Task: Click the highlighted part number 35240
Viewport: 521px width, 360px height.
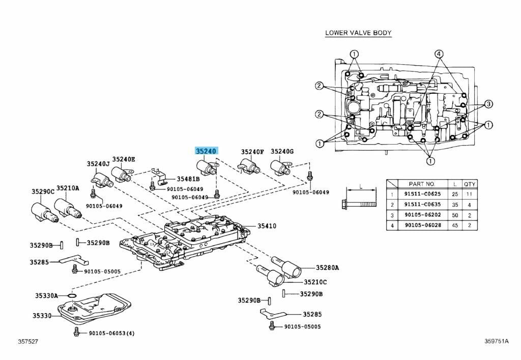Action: (x=207, y=151)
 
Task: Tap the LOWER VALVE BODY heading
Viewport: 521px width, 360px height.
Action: (x=358, y=33)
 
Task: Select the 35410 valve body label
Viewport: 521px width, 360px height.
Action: (x=267, y=226)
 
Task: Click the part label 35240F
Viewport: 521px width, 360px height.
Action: (x=252, y=152)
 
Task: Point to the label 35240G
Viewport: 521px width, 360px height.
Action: (x=282, y=151)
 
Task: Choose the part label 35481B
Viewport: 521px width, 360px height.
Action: (x=188, y=179)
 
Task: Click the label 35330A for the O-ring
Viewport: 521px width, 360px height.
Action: (x=46, y=295)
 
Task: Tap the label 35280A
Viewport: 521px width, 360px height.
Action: (x=327, y=267)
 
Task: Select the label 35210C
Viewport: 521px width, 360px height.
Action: (x=315, y=282)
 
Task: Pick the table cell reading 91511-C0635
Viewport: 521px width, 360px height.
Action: (x=422, y=204)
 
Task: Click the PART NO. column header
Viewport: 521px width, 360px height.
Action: (x=422, y=184)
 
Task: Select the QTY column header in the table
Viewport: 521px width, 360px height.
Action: (x=470, y=184)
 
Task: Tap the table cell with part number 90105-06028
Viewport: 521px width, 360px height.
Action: (x=422, y=225)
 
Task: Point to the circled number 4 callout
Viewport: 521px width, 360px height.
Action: (x=439, y=54)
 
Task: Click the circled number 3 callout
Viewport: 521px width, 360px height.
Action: (x=488, y=104)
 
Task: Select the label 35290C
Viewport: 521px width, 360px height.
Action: (x=43, y=191)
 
